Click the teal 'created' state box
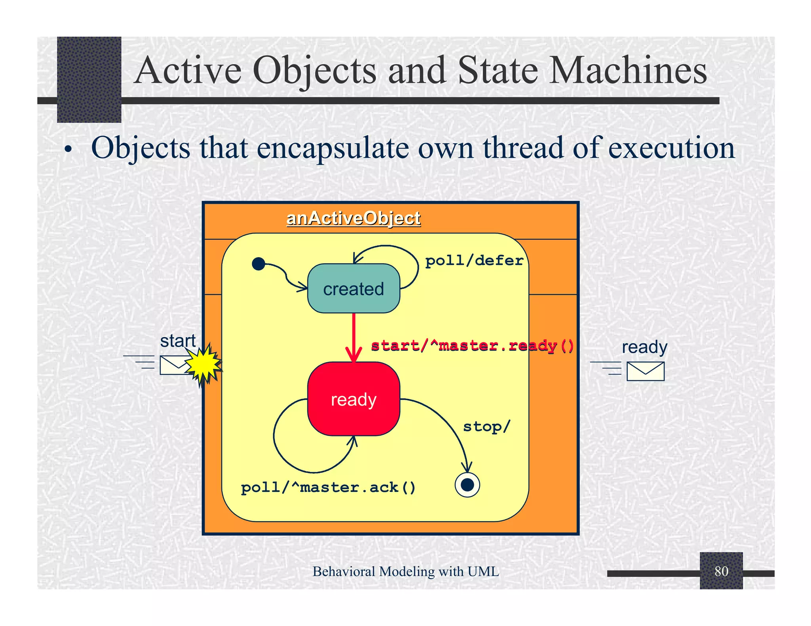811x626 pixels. pos(353,288)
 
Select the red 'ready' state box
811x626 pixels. pos(353,399)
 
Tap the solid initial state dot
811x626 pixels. pos(258,264)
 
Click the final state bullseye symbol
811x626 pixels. pos(467,485)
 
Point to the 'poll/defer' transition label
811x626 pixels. pos(474,261)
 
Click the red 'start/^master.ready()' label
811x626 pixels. pos(472,346)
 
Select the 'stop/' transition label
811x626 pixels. pos(486,427)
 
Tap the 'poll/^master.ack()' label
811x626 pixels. pos(328,488)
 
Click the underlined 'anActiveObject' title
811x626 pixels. pos(353,218)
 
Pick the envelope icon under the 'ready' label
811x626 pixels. pos(645,371)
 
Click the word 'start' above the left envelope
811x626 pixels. pos(178,341)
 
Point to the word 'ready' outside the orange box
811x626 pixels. pos(644,347)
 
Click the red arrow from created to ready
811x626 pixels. pos(354,336)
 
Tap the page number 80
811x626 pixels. pos(721,571)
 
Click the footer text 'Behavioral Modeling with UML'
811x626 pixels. pos(405,571)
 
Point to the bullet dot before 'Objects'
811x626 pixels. pos(69,150)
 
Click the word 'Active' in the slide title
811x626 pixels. pos(188,70)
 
